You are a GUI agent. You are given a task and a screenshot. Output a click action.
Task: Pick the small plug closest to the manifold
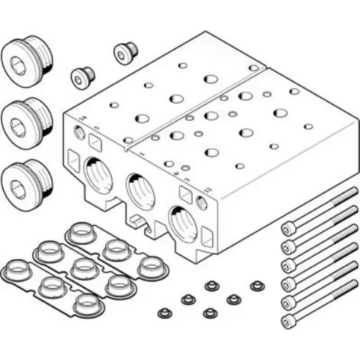click(x=125, y=52)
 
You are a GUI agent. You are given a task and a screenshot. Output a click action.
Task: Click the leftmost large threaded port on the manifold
click(x=97, y=174)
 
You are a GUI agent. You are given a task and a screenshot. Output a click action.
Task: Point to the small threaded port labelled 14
click(x=78, y=132)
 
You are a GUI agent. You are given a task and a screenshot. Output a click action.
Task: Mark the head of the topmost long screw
click(x=287, y=229)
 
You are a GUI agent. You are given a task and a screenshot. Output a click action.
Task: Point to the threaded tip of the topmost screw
click(x=350, y=191)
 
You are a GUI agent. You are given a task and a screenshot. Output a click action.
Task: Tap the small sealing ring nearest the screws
click(x=257, y=286)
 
